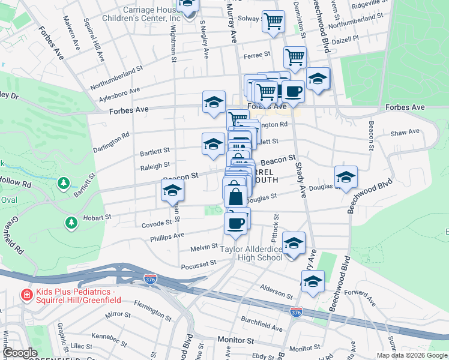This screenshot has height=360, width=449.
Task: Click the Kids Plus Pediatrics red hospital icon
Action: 26,295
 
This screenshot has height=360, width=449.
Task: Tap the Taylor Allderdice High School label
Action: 252,253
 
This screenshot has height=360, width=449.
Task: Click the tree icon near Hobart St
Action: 71,223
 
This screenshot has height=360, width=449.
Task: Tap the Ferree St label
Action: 258,56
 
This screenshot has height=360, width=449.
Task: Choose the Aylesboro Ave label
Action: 119,91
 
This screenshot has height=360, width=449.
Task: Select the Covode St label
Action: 156,225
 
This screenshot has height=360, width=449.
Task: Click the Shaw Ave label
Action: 404,134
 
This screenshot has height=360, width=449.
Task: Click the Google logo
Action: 20,353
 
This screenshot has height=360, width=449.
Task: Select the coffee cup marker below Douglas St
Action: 236,223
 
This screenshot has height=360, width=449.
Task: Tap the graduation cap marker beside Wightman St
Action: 172,191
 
